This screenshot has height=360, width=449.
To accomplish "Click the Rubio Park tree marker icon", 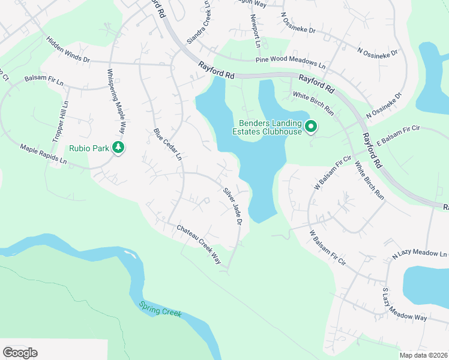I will coord(119,148).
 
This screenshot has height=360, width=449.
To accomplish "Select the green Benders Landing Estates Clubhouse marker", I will coord(311,127).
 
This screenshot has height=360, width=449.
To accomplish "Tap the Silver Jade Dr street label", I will coord(232,206).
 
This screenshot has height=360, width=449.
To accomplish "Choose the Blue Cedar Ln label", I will coord(167,144).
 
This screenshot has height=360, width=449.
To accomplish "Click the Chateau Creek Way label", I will coord(199,244).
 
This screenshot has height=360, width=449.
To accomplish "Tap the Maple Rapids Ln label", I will coord(43,154).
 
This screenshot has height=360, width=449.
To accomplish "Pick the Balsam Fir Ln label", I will coord(44,79).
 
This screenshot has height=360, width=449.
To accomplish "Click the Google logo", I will coord(20,353).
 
